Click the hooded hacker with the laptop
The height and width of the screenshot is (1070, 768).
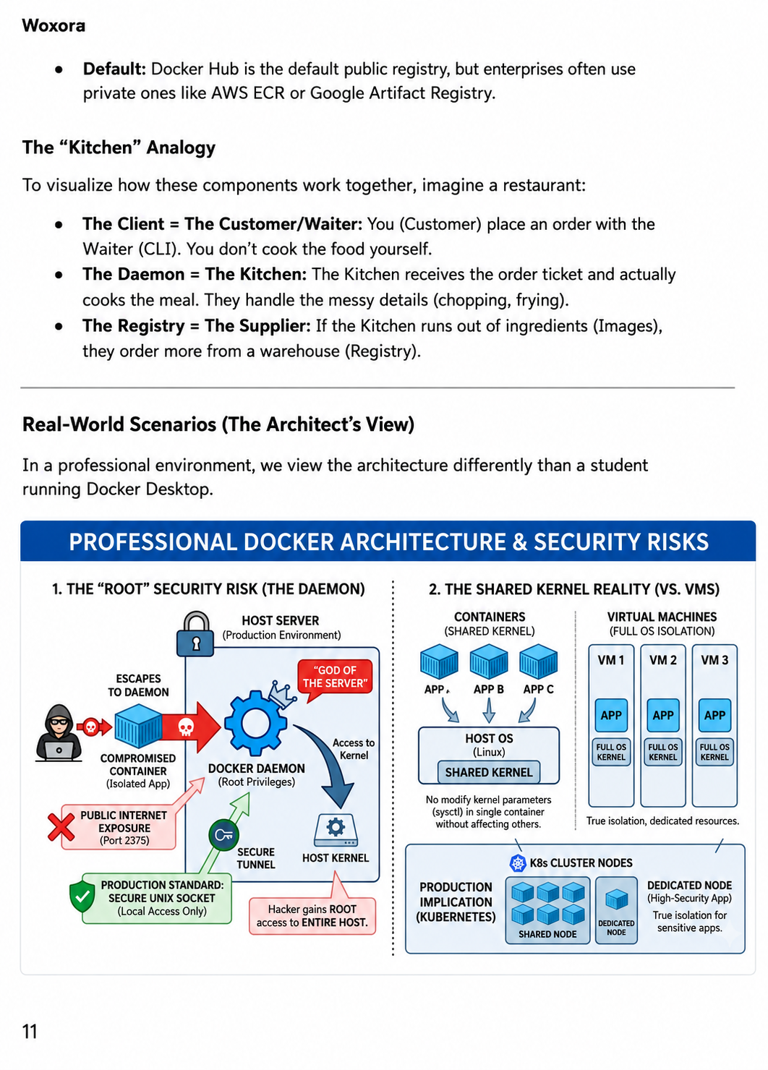(59, 732)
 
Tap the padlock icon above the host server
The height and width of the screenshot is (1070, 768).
(195, 634)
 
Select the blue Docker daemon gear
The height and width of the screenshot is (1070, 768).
(256, 723)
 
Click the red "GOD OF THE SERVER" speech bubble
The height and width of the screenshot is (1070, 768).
(335, 678)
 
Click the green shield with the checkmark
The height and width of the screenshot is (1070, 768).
(82, 897)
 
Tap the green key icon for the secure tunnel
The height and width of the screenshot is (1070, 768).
(223, 834)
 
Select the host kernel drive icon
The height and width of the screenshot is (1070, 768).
(336, 830)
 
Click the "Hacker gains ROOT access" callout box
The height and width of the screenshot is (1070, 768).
(312, 916)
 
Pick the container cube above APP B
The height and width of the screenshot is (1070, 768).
(488, 661)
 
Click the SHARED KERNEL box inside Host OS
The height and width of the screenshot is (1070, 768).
(488, 772)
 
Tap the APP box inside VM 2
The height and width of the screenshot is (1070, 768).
(663, 715)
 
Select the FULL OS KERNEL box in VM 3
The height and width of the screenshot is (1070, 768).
(714, 752)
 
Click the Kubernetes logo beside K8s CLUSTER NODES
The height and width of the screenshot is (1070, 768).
(518, 863)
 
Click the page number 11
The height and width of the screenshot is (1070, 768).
(30, 1032)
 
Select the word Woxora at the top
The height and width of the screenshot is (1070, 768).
(54, 25)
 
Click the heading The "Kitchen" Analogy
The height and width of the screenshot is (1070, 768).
(119, 147)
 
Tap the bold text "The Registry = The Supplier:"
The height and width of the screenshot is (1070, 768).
(197, 326)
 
